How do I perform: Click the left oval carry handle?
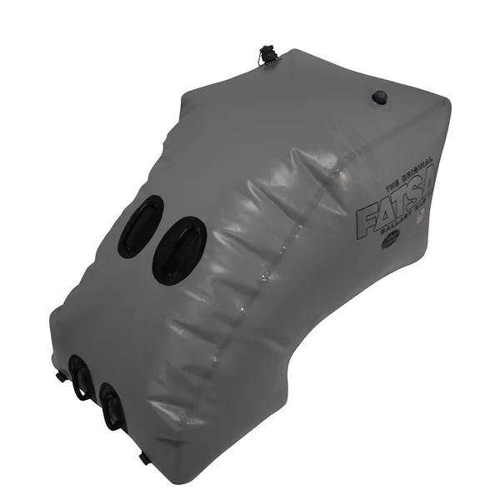(x=141, y=226)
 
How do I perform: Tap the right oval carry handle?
(x=179, y=250)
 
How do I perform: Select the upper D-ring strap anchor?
(x=81, y=377)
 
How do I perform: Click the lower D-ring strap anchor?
(x=111, y=406)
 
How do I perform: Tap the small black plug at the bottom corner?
(x=144, y=457)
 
